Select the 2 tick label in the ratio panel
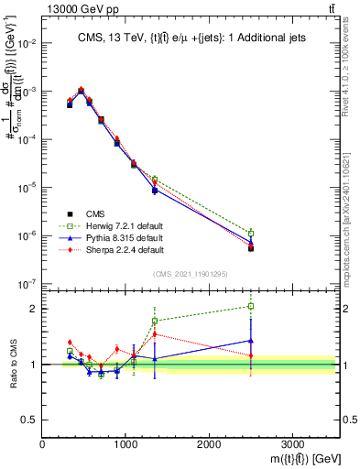[x=33, y=309]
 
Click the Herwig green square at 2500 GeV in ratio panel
[x=251, y=306]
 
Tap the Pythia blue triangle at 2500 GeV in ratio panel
[x=251, y=341]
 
